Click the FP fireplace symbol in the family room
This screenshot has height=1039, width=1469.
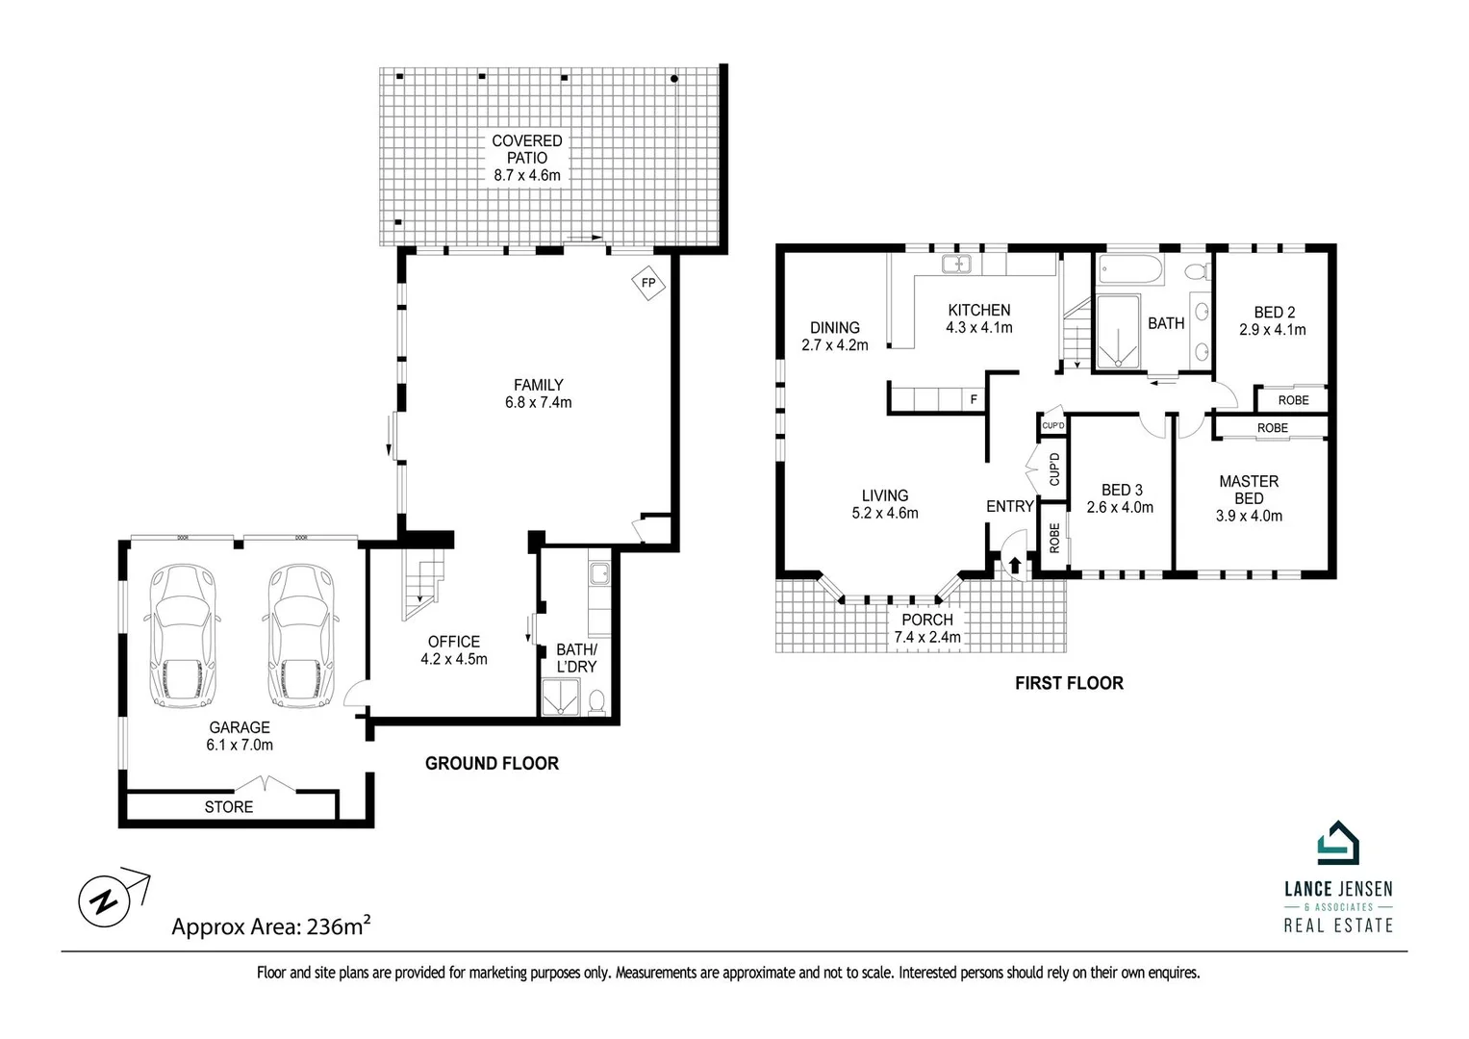point(648,283)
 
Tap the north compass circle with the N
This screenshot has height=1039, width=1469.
point(104,901)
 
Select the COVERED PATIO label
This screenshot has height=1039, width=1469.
point(526,149)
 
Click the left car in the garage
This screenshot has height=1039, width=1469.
point(183,636)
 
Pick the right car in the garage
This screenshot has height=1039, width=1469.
point(301,636)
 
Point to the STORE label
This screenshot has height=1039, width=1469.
point(228,807)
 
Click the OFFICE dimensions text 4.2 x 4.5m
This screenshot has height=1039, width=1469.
point(454,659)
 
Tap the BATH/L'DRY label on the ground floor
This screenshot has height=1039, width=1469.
point(576,658)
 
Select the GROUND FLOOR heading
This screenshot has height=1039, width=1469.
point(492,764)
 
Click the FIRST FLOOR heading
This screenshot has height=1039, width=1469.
point(1069,683)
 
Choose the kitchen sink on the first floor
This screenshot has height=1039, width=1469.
point(956,264)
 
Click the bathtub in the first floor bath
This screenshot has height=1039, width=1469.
point(1130,269)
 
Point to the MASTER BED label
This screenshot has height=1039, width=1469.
point(1249,490)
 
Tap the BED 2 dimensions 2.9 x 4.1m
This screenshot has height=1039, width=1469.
point(1272,330)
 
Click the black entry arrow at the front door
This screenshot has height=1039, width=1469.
point(1015,564)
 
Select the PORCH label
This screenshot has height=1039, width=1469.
point(927,620)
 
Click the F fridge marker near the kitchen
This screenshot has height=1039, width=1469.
point(974,399)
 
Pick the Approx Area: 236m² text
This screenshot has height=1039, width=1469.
point(271,925)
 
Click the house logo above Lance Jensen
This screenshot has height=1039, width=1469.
point(1338,843)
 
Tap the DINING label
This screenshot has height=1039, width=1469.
point(834,328)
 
